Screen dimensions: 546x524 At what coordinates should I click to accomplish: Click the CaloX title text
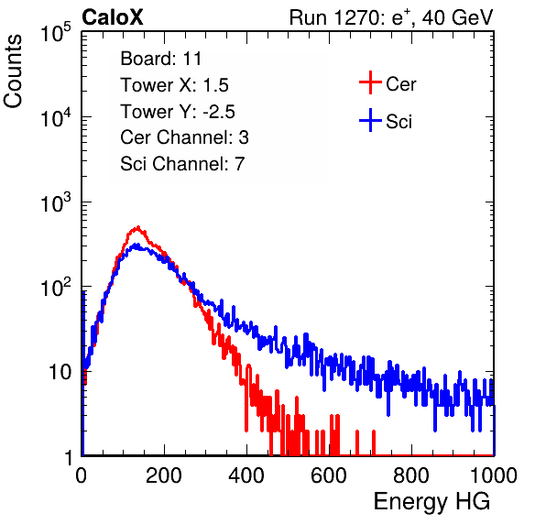[x=113, y=17]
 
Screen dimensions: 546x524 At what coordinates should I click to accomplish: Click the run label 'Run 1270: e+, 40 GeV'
[x=391, y=17]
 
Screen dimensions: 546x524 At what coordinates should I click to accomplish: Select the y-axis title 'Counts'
[x=13, y=71]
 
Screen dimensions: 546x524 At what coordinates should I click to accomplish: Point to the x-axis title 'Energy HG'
[x=431, y=501]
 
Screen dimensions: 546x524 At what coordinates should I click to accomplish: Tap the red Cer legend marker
[x=370, y=82]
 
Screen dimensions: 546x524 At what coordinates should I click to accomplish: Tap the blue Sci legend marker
[x=370, y=121]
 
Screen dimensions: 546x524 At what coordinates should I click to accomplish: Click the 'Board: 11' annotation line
[x=161, y=59]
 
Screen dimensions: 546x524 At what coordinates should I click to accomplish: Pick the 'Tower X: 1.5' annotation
[x=174, y=85]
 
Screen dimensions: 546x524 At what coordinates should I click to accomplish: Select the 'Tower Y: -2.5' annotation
[x=178, y=112]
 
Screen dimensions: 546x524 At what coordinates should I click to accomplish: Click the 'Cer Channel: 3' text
[x=184, y=137]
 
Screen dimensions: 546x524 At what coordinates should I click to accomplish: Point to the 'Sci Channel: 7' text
[x=182, y=164]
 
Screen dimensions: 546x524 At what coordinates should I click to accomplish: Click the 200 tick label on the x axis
[x=164, y=475]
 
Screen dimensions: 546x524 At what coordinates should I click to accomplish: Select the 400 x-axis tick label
[x=246, y=475]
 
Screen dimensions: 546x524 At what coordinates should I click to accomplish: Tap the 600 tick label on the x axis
[x=329, y=475]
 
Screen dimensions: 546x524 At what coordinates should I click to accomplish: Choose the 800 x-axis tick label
[x=411, y=475]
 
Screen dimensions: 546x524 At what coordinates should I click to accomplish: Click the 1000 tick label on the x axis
[x=494, y=475]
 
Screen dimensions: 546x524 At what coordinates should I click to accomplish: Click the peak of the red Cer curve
[x=138, y=227]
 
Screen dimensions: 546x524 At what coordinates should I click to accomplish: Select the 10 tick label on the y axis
[x=60, y=372]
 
